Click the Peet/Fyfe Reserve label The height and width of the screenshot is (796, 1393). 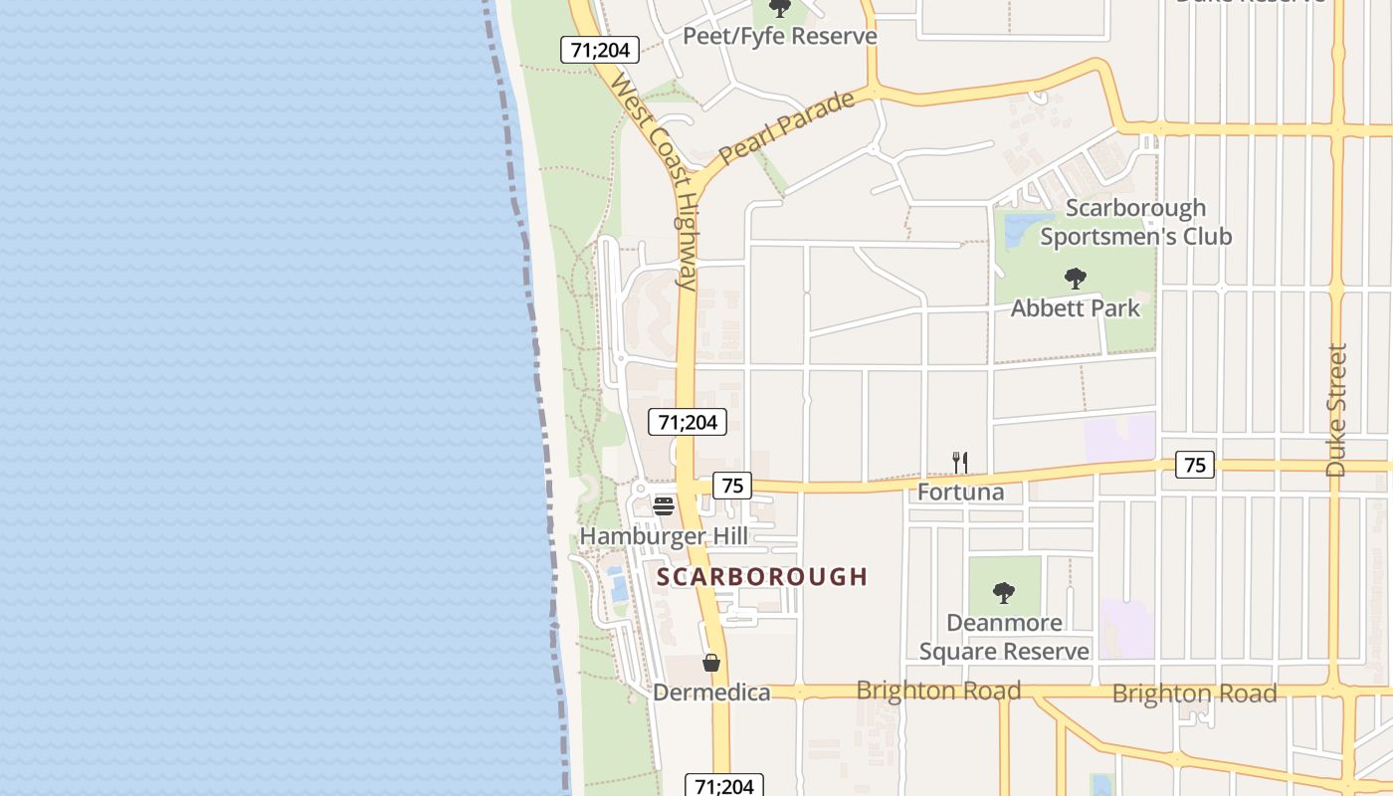779,37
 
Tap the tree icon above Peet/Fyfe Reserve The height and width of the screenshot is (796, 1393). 780,8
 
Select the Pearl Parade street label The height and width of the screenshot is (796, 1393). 787,128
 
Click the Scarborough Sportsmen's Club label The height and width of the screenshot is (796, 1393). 1135,222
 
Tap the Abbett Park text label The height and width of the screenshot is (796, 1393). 1075,308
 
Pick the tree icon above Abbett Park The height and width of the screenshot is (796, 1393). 1075,279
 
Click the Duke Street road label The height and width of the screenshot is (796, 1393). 1336,410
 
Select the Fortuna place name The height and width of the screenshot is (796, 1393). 960,492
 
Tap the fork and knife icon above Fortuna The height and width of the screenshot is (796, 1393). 960,463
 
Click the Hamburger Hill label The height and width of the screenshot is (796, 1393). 664,536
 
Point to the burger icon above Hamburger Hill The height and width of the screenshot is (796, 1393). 664,506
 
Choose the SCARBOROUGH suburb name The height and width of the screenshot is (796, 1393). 762,577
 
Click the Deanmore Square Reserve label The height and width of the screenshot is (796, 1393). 1004,637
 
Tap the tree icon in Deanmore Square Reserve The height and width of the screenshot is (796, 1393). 1004,593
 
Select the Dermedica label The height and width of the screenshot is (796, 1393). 711,693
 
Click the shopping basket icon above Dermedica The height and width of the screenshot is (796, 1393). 711,663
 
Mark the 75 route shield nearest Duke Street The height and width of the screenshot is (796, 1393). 1194,465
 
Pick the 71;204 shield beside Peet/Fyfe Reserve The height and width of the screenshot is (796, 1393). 599,50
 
